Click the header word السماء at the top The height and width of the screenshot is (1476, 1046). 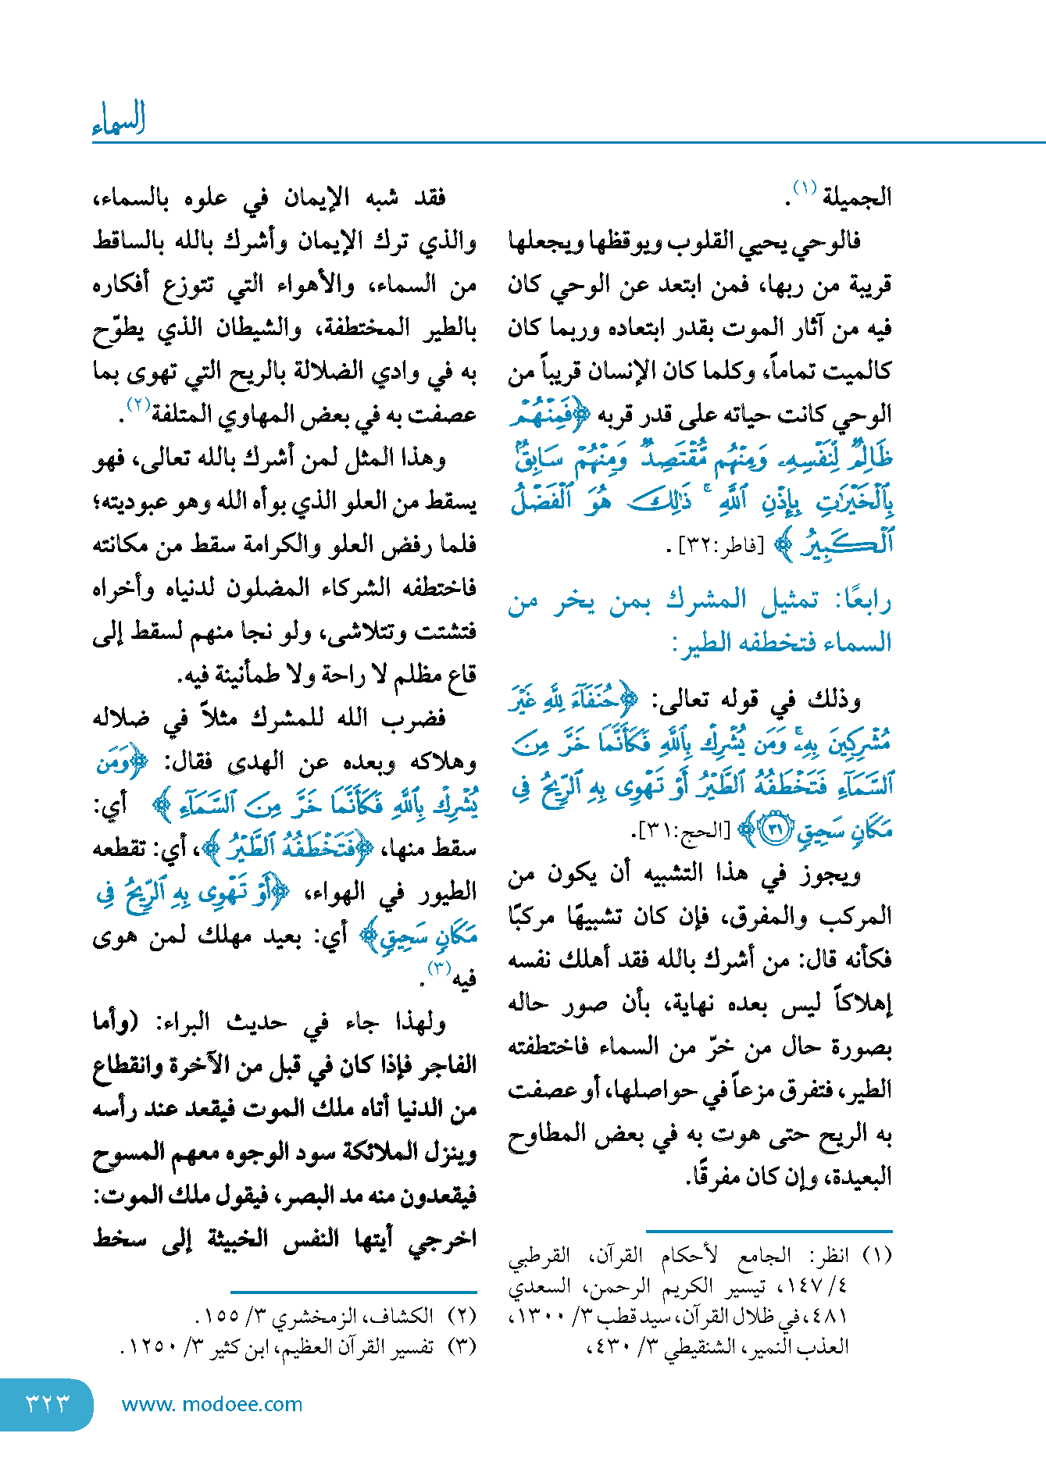pyautogui.click(x=119, y=119)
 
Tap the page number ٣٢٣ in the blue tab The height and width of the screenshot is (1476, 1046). pyautogui.click(x=48, y=1403)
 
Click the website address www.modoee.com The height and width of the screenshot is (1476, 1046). pyautogui.click(x=212, y=1404)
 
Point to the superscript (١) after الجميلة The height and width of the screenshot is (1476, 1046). pyautogui.click(x=804, y=188)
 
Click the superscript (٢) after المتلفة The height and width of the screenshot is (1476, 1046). pyautogui.click(x=138, y=405)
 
